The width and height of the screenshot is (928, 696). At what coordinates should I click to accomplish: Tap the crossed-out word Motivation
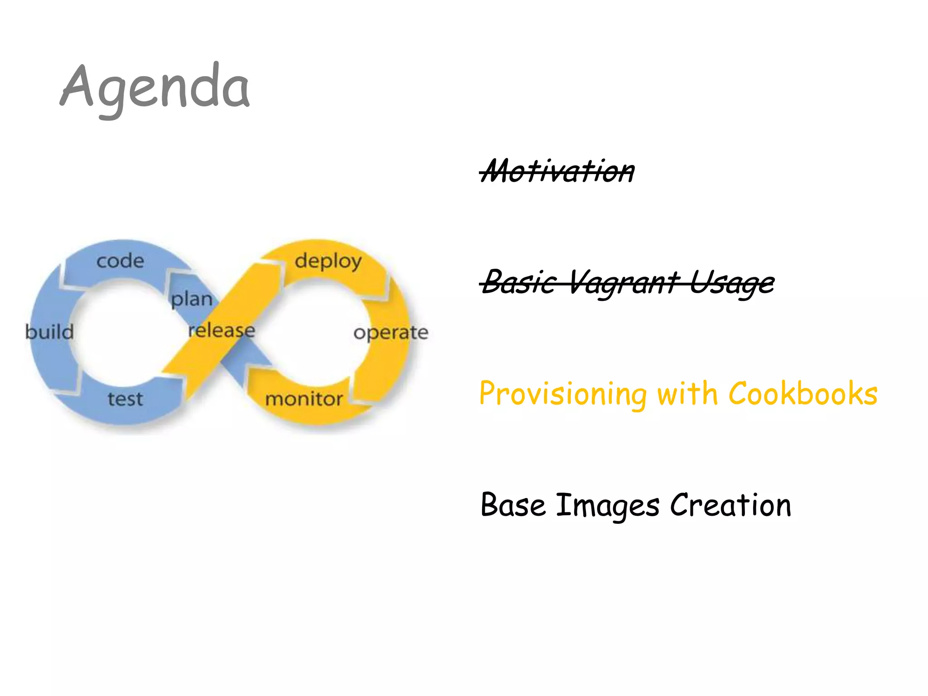tap(557, 171)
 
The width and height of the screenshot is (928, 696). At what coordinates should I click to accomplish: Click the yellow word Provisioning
tap(563, 394)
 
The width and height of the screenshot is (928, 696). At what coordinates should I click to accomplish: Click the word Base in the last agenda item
tap(513, 504)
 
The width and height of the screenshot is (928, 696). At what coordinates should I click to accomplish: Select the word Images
tap(608, 505)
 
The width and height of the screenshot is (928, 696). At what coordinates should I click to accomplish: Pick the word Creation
tap(730, 504)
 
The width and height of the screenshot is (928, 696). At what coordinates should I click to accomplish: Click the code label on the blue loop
tap(120, 261)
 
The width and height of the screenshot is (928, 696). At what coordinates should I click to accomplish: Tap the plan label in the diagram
tap(192, 299)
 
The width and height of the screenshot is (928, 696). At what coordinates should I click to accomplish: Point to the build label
tap(49, 332)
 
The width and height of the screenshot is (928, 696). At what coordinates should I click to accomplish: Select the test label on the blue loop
tap(125, 399)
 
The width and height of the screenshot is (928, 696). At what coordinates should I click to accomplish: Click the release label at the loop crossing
tap(222, 330)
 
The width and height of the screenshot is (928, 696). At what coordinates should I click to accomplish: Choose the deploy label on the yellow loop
tap(328, 261)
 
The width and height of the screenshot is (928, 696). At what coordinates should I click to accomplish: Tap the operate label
tap(391, 333)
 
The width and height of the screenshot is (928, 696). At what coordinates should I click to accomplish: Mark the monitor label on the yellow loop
tap(304, 399)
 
